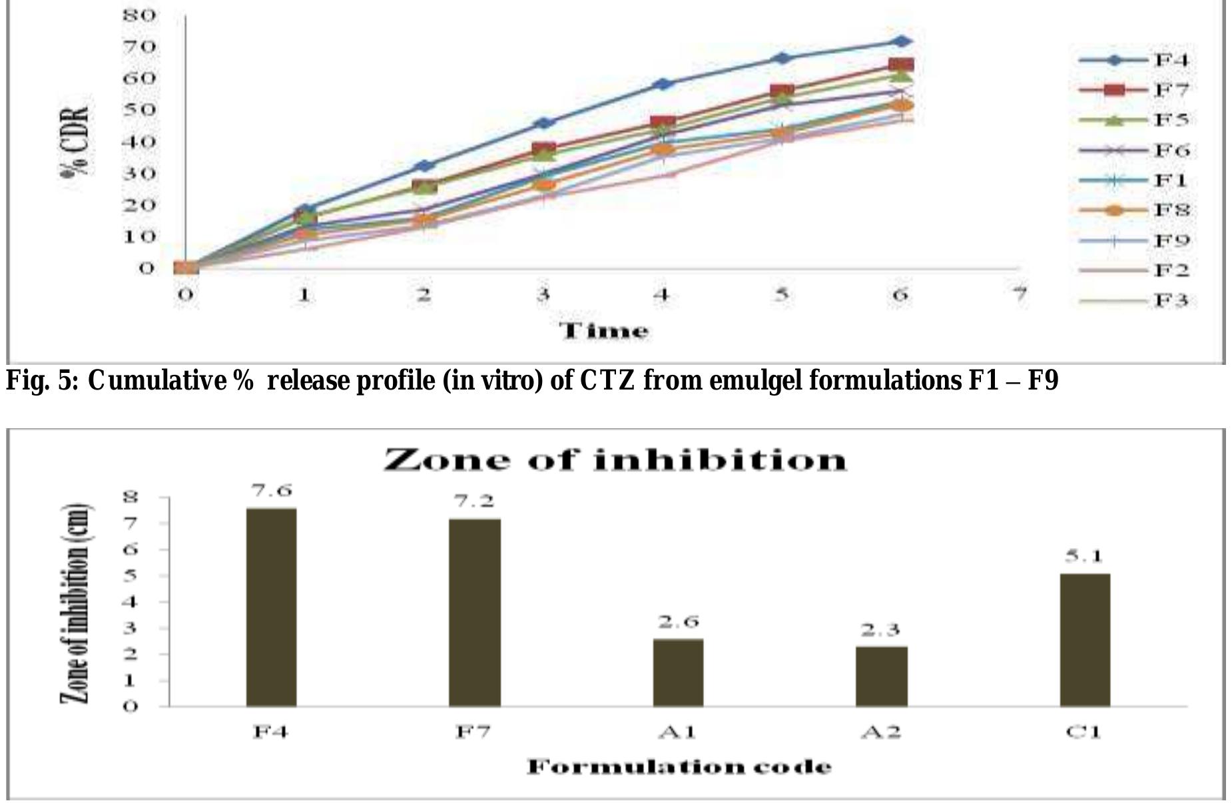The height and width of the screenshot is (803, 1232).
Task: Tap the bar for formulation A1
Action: click(x=678, y=672)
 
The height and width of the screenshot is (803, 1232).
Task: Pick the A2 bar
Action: click(x=881, y=675)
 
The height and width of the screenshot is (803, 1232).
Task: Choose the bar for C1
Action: click(x=1085, y=639)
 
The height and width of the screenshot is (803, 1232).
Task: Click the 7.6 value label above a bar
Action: click(x=271, y=491)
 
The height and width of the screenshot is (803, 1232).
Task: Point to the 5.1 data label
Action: click(x=1085, y=556)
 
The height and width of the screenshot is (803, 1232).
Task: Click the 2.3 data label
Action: click(x=881, y=630)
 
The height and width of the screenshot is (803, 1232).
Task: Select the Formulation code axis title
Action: click(x=679, y=767)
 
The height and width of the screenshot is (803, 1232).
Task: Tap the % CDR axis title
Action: click(x=77, y=142)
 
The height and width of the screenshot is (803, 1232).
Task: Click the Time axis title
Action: click(x=603, y=331)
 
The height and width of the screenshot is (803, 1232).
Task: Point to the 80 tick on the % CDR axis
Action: click(x=139, y=15)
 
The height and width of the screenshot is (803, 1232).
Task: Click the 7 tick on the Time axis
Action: click(x=1019, y=294)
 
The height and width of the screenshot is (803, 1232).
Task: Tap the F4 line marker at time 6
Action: click(x=901, y=41)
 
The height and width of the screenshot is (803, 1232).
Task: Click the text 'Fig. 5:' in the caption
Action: click(x=43, y=382)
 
